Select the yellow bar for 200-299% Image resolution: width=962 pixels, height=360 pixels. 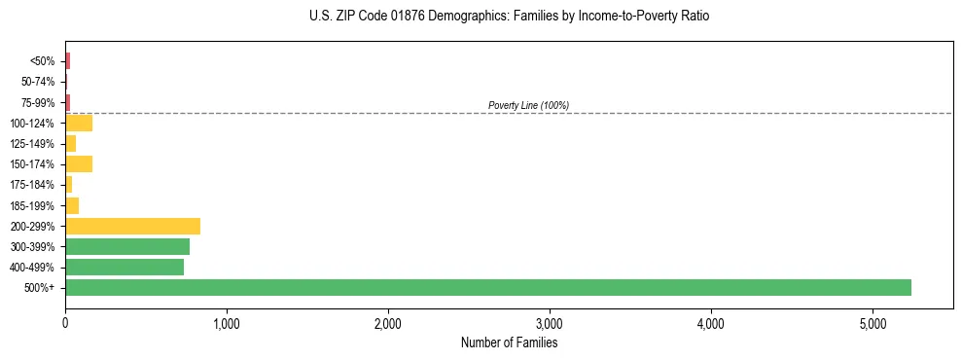click(132, 226)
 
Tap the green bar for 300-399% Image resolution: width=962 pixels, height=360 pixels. click(127, 246)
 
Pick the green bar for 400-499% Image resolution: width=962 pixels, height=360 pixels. click(125, 267)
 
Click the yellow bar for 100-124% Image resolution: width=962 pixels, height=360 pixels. click(79, 123)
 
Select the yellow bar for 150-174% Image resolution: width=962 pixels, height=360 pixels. click(79, 163)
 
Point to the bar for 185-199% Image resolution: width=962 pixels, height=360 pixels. click(72, 205)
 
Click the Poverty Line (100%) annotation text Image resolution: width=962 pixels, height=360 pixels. click(528, 105)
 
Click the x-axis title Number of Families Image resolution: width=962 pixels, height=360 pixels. click(509, 342)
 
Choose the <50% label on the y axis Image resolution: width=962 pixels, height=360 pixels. click(43, 61)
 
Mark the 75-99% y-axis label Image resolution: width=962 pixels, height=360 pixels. click(39, 102)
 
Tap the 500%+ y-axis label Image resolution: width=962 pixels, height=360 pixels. click(41, 288)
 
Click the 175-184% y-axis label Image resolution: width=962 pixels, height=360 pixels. click(34, 185)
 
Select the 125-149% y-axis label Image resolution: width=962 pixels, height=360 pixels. click(34, 144)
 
